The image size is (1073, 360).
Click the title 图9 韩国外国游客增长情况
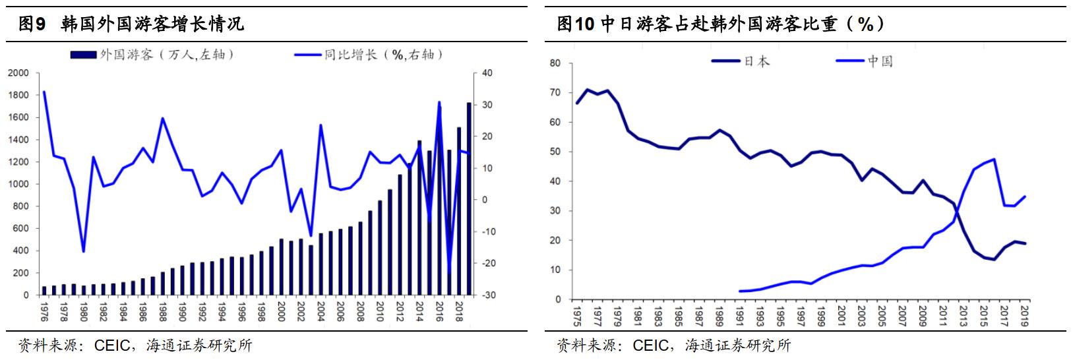(x=132, y=24)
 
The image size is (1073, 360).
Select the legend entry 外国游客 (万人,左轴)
(x=152, y=55)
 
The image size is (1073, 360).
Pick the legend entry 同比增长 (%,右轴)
(x=369, y=55)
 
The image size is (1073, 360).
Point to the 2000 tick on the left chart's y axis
(x=20, y=73)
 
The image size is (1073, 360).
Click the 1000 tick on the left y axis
(x=20, y=185)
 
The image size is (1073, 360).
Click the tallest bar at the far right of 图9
(x=469, y=198)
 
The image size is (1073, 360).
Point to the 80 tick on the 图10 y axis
(x=555, y=63)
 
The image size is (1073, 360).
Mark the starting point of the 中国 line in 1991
(x=741, y=291)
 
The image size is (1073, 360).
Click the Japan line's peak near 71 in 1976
(x=587, y=90)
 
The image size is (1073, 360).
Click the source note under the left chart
(x=135, y=345)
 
